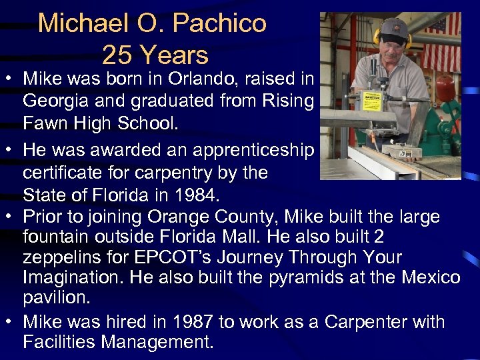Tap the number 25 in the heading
pos(119,54)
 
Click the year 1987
pos(187,321)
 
